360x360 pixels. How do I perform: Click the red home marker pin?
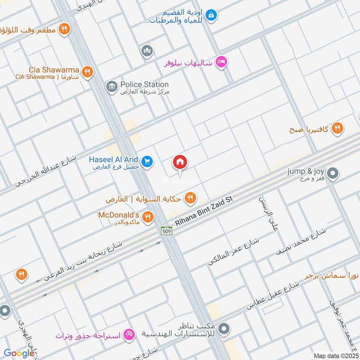(180, 162)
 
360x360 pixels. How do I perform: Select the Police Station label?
(144, 84)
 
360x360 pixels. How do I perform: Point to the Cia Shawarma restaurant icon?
(88, 72)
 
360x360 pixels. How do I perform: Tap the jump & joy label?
(306, 171)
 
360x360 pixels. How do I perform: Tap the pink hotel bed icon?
(220, 62)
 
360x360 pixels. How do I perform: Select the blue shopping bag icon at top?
(211, 15)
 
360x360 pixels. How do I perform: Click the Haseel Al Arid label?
(114, 159)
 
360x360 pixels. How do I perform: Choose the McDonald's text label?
(119, 215)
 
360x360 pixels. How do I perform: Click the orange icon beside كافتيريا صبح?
(337, 129)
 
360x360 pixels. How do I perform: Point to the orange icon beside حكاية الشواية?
(191, 197)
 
